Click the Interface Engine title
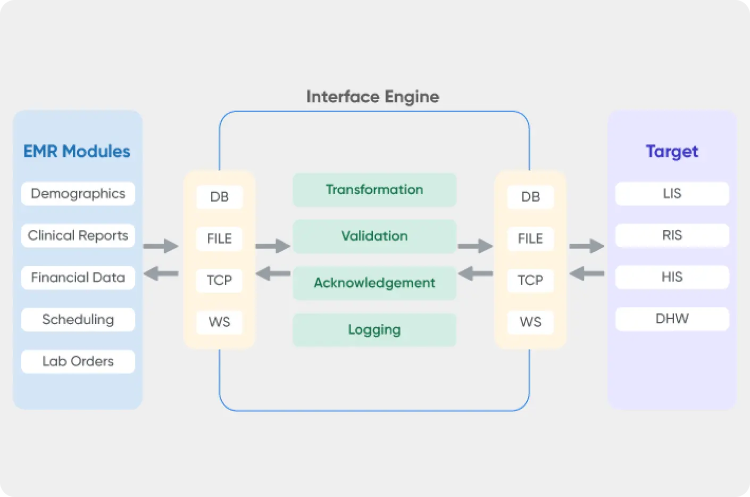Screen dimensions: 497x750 372,97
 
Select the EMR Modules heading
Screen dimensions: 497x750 77,152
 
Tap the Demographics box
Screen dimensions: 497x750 78,194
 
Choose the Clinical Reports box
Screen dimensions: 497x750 78,236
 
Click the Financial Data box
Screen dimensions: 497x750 78,278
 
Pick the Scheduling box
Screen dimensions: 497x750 78,320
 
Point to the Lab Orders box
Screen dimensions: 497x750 78,362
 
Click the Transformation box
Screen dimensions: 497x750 374,190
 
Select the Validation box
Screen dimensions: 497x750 374,236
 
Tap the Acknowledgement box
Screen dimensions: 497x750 374,283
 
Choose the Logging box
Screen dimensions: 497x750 374,330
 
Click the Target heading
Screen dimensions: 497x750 672,152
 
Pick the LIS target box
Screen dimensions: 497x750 672,194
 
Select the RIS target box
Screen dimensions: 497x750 672,235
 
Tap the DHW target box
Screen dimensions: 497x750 672,319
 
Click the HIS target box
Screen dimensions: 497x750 672,277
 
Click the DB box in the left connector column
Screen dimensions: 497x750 219,197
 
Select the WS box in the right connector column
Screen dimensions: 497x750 530,322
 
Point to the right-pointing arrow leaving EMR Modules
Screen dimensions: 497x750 161,246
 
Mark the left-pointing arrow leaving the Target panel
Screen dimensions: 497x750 587,274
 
